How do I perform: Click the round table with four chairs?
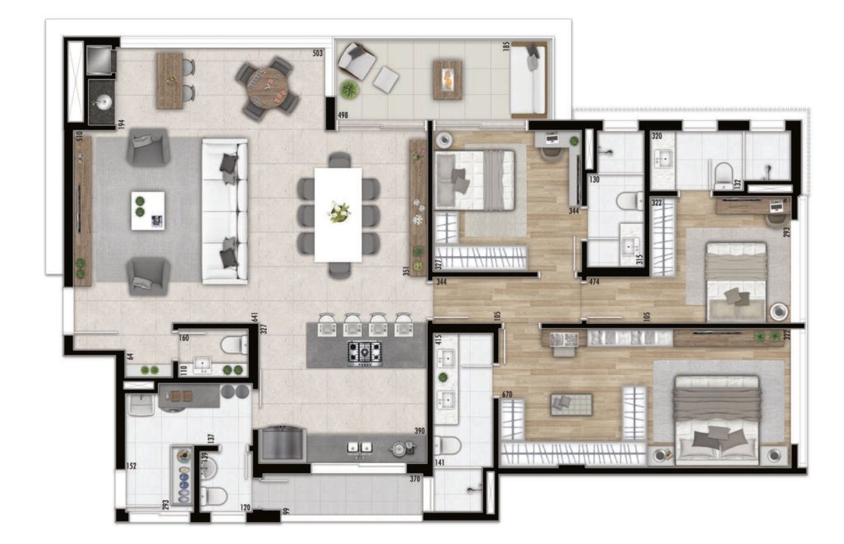[267, 89]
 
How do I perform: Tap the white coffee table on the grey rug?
[148, 210]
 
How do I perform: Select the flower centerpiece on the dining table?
[339, 212]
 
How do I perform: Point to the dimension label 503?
[317, 53]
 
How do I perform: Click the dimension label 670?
[507, 395]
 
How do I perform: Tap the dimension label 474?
[594, 282]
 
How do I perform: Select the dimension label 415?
[438, 341]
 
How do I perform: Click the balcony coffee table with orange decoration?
[447, 80]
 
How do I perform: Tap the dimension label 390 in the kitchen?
[420, 431]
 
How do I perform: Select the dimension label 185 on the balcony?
[506, 46]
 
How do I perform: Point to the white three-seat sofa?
[225, 211]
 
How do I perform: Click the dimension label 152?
[131, 466]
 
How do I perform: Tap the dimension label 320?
[657, 136]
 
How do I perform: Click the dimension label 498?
[343, 115]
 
